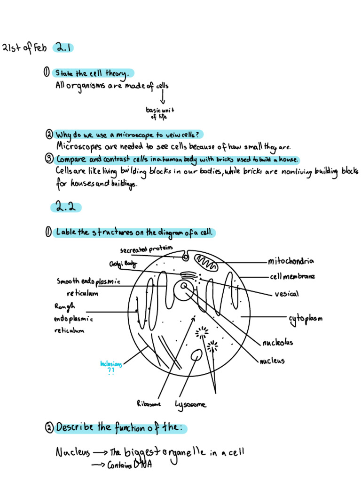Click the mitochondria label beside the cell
(291, 261)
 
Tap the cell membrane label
(292, 276)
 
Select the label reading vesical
(286, 294)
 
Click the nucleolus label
(278, 342)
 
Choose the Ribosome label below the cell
(149, 403)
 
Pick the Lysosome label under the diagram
(190, 404)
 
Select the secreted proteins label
(146, 249)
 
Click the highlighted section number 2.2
(65, 207)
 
